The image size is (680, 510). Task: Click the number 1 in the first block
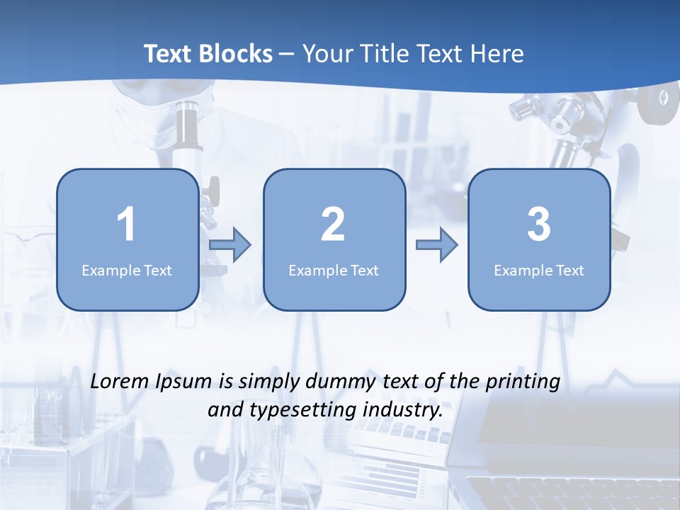(x=127, y=225)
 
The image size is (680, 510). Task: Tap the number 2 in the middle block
(x=333, y=225)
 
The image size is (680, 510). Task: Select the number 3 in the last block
(x=539, y=225)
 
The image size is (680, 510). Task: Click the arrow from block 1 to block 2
(x=230, y=245)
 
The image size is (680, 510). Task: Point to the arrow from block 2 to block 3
(x=437, y=245)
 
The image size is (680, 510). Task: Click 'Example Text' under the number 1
(x=127, y=270)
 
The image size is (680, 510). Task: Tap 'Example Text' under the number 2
(x=334, y=270)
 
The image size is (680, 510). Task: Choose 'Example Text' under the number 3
(x=539, y=270)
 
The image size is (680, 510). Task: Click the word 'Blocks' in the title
(x=236, y=54)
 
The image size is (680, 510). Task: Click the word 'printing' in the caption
(x=522, y=382)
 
